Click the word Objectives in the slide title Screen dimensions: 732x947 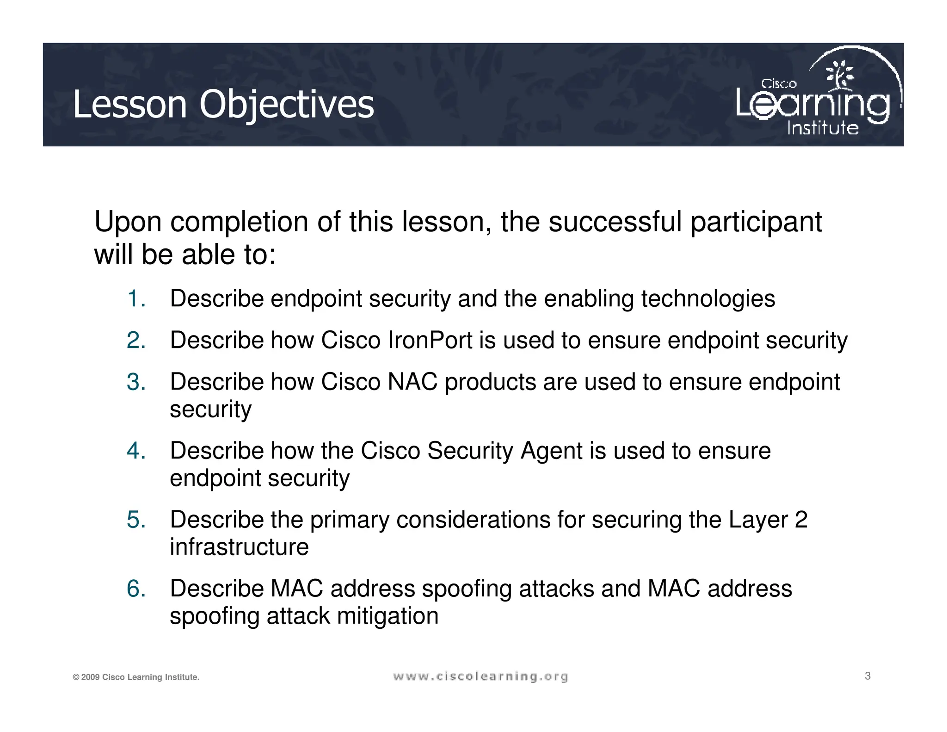click(286, 105)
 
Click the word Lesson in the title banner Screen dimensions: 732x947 click(130, 105)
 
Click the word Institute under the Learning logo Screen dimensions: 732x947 click(823, 128)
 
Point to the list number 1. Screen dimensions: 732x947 click(135, 298)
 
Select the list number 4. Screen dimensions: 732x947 click(135, 451)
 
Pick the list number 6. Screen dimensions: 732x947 click(135, 589)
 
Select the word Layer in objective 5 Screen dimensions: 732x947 click(758, 520)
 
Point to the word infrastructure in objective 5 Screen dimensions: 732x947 click(239, 547)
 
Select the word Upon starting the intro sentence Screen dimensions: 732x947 click(128, 222)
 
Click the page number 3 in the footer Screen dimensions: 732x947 click(867, 676)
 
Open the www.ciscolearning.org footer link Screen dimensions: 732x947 click(480, 677)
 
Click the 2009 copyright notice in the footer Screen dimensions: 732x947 click(135, 677)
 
